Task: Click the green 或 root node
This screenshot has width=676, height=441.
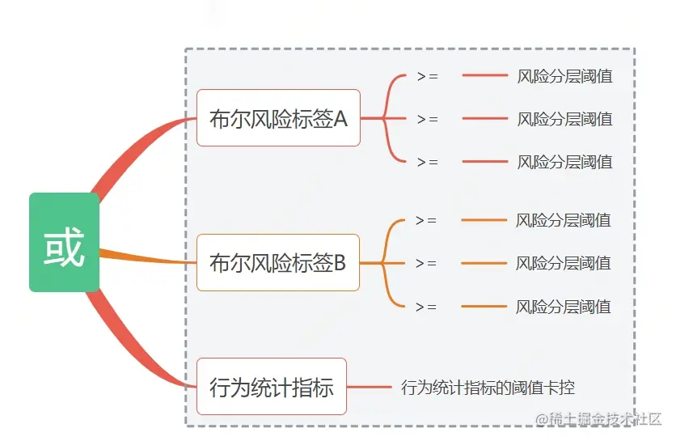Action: point(65,242)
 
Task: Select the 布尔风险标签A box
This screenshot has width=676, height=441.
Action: point(278,118)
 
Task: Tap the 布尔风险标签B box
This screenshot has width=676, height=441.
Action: point(277,262)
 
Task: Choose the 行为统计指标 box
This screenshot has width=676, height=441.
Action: point(272,387)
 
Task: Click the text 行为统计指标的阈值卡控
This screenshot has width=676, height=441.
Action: point(488,388)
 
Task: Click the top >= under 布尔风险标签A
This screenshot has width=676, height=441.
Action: point(427,76)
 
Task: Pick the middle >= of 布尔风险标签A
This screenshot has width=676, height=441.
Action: point(427,119)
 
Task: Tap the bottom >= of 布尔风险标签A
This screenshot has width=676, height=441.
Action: point(427,162)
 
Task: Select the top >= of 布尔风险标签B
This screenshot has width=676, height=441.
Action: point(425,220)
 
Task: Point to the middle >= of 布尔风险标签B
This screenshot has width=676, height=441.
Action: point(425,263)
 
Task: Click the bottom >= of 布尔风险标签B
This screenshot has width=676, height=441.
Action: point(425,307)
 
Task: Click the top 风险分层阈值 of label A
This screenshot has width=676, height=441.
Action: point(564,76)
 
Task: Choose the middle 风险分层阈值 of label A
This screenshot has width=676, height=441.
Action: point(564,119)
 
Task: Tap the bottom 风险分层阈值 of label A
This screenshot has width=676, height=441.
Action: point(564,162)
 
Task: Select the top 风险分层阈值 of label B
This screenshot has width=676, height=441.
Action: point(563,220)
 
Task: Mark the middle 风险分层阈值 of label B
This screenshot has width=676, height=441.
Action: point(563,263)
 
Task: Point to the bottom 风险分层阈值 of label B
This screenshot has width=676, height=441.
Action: point(563,307)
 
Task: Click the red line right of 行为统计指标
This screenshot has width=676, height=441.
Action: point(370,388)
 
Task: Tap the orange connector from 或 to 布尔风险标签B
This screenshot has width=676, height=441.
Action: point(146,258)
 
